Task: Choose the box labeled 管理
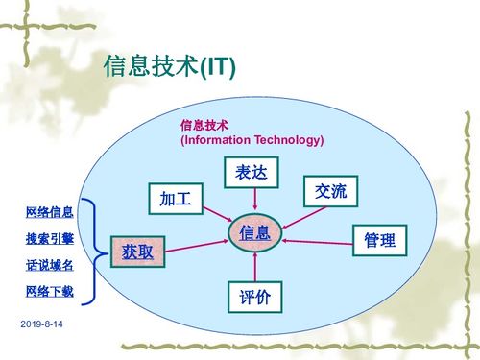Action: pos(380,240)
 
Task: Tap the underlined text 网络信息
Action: pos(49,211)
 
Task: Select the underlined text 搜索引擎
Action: pos(49,238)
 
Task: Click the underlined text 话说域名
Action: pos(49,264)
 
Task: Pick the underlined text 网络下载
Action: pos(49,291)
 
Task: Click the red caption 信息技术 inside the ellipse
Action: pos(204,125)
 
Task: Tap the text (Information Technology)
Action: pos(252,140)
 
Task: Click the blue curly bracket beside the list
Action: pos(90,252)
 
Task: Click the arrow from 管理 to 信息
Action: pos(317,239)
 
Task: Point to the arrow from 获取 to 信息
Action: pos(197,243)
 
